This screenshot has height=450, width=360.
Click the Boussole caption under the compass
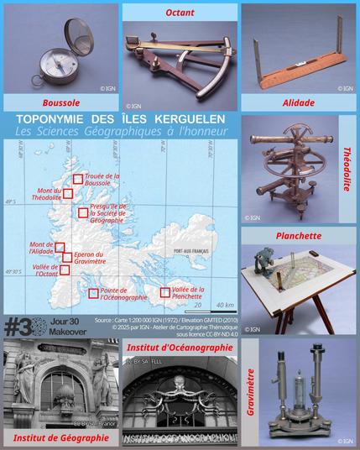pos(58,102)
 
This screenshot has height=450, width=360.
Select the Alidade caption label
pos(299,102)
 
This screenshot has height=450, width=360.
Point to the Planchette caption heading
pos(299,236)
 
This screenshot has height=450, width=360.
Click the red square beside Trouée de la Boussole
pos(77,179)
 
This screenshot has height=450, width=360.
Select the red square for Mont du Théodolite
pos(68,193)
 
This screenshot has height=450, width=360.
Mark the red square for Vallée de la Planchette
pos(164,293)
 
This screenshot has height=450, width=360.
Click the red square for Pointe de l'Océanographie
pos(93,293)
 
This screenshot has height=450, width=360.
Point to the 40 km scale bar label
pos(224,304)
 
